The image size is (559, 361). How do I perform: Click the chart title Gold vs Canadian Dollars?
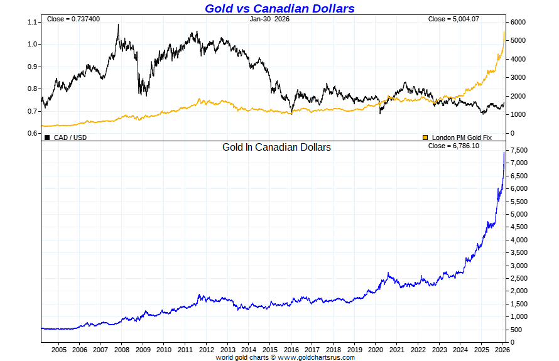279,8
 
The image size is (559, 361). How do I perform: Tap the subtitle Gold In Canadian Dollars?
276,148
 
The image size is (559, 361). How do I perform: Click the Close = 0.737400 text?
73,19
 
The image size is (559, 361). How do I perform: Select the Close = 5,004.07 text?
453,19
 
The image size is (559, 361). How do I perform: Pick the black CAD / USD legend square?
47,137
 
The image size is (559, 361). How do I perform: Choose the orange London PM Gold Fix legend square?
425,137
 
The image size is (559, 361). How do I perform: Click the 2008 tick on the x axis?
122,349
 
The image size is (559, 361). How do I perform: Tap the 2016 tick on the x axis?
291,349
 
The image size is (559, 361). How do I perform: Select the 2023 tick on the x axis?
439,349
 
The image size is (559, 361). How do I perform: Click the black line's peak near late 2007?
118,25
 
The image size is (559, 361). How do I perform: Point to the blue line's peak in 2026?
504,152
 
